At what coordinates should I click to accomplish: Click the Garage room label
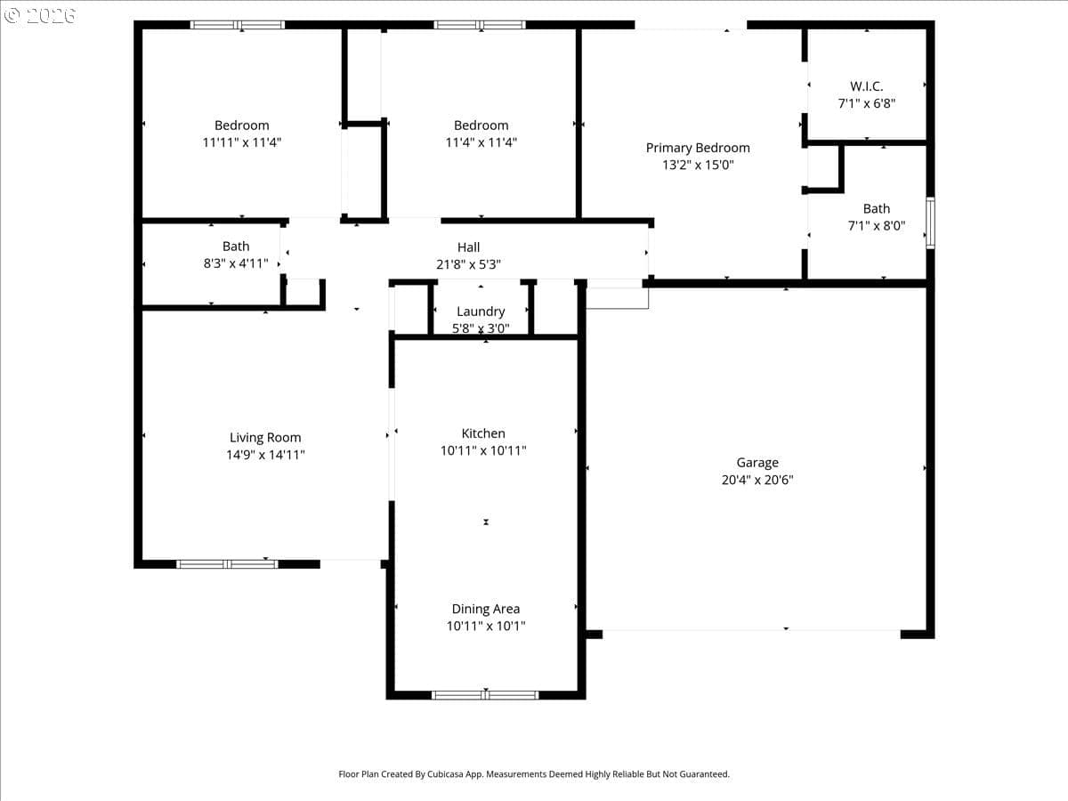[x=757, y=463]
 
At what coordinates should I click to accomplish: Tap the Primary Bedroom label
[x=698, y=148]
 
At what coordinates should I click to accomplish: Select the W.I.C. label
[x=867, y=86]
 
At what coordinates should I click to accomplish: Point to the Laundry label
[x=481, y=311]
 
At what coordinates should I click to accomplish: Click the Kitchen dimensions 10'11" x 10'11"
[x=483, y=450]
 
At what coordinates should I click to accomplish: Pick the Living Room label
[x=265, y=438]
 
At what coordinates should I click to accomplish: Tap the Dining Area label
[x=486, y=609]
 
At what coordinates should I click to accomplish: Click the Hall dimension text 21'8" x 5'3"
[x=468, y=264]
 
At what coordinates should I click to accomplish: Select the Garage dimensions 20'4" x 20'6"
[x=757, y=480]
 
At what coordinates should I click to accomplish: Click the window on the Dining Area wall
[x=485, y=695]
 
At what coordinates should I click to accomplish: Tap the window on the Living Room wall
[x=227, y=564]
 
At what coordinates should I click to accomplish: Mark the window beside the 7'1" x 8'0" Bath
[x=930, y=222]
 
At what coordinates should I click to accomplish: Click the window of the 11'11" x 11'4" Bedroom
[x=238, y=25]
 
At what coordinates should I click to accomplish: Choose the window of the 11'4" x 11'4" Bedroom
[x=480, y=25]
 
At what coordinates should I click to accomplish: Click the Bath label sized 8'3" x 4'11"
[x=236, y=247]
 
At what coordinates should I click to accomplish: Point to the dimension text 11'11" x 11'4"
[x=242, y=142]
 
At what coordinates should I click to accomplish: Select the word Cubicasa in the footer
[x=445, y=774]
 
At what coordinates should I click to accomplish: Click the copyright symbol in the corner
[x=12, y=15]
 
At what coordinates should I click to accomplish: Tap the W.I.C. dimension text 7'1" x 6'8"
[x=867, y=103]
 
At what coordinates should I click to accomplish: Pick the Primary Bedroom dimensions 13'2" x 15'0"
[x=698, y=165]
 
